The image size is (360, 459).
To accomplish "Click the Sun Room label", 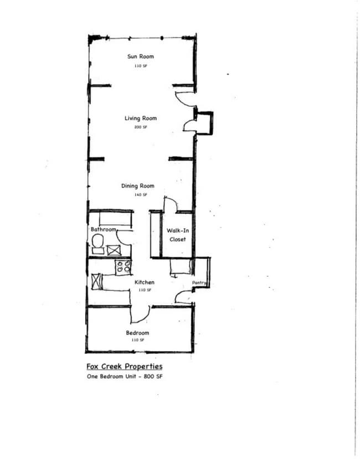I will pos(140,56).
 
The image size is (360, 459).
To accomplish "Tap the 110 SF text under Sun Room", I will pos(140,66).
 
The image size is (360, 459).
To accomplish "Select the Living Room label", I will pos(140,118).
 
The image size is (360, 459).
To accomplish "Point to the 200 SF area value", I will pos(140,127).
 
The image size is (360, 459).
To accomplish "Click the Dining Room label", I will pos(138,186).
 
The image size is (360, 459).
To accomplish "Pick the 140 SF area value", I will pos(141,195).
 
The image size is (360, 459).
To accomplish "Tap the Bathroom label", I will pos(104,229).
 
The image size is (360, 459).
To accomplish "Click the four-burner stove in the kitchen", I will pos(124,266).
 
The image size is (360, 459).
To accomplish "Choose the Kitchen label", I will pos(145,282).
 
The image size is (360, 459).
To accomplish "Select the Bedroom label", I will pos(137,333).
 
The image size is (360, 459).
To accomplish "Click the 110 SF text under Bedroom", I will pos(137,340).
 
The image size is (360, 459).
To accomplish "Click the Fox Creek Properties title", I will pos(125,367).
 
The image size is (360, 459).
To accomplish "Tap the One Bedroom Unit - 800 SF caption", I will pos(125,377).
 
